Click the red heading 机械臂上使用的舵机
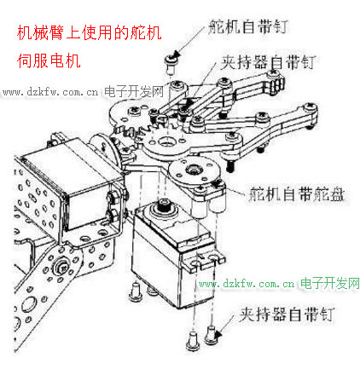pos(89,33)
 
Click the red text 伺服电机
pos(49,61)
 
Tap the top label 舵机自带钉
pos(248,26)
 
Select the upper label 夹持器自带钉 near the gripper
pos(268,62)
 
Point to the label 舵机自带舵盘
pos(296,194)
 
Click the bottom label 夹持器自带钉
pos(287,314)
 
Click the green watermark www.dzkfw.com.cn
pos(247,284)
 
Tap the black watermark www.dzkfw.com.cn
pos(50,92)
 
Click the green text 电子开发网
pos(330,283)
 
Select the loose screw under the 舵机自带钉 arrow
pos(171,64)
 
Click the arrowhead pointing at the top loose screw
pos(177,55)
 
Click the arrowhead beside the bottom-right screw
pos(218,335)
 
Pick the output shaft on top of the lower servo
pos(164,205)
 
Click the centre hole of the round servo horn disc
pos(194,170)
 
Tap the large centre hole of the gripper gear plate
pos(165,141)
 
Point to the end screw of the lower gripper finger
pos(310,107)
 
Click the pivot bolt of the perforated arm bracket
pos(61,267)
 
